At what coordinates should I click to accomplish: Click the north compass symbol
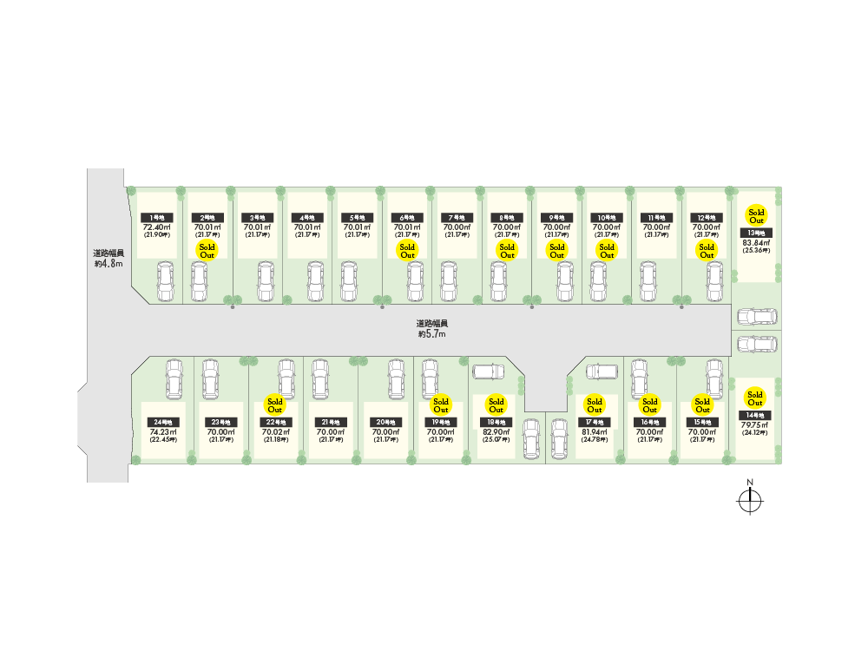[x=749, y=500]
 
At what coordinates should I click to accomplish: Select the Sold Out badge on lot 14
[x=755, y=398]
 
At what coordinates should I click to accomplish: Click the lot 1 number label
[x=157, y=217]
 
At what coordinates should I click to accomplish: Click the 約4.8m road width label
[x=108, y=258]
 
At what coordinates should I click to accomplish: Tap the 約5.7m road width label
[x=431, y=327]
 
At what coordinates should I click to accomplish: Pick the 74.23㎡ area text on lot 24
[x=163, y=431]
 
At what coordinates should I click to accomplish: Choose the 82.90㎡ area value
[x=496, y=431]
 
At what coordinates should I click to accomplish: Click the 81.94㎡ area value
[x=594, y=431]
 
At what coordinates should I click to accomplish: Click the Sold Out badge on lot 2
[x=207, y=251]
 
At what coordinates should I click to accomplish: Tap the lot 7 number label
[x=457, y=217]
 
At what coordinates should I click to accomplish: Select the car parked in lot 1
[x=164, y=282]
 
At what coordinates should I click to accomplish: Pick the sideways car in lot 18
[x=488, y=372]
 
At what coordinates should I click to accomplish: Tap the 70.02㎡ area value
[x=275, y=431]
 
